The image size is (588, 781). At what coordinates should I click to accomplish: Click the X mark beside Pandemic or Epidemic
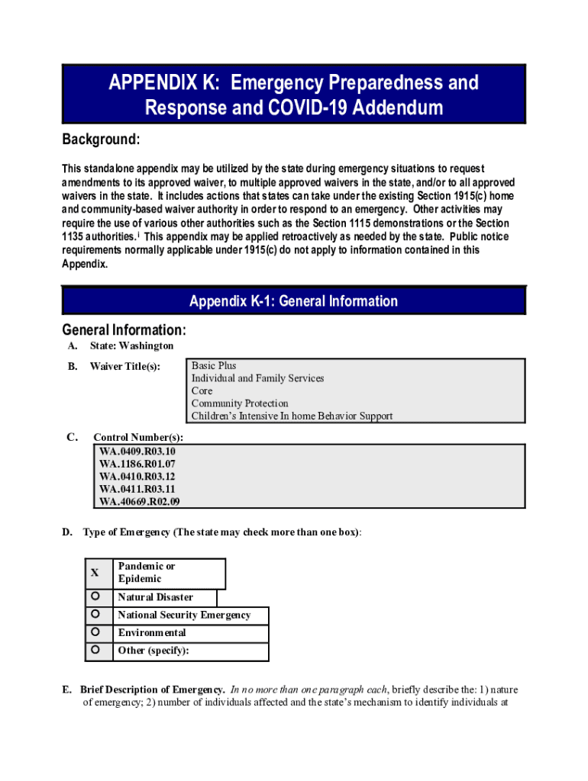[x=95, y=573]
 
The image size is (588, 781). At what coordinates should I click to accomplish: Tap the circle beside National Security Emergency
[x=95, y=614]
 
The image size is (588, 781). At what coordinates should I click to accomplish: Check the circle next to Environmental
[x=95, y=632]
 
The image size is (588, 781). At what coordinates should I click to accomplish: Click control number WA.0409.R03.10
[x=137, y=452]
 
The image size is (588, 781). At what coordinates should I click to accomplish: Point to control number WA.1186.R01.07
[x=137, y=464]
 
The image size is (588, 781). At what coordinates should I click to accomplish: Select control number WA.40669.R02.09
[x=141, y=502]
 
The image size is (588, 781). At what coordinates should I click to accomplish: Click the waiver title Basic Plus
[x=214, y=366]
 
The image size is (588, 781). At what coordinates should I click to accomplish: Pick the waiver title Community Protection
[x=240, y=403]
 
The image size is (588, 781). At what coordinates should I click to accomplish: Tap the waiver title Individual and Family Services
[x=257, y=378]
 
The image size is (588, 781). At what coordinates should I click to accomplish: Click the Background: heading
[x=100, y=140]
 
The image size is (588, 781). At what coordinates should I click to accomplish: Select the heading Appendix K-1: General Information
[x=293, y=301]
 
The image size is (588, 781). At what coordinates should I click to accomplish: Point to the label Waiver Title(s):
[x=125, y=367]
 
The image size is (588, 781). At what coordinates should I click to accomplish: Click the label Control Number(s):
[x=138, y=438]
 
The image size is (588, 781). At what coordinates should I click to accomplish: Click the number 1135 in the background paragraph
[x=74, y=237]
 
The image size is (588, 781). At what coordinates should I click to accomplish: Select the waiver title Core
[x=202, y=391]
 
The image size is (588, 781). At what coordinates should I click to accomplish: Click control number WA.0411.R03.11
[x=137, y=489]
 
